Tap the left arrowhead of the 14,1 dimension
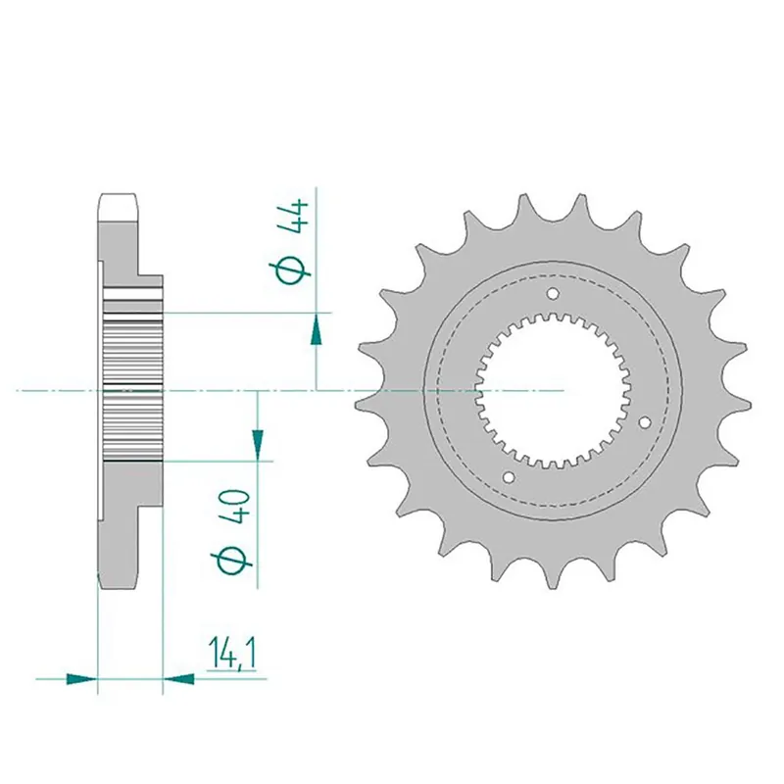tap(82, 676)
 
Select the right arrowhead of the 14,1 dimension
tap(177, 676)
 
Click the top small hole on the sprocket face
tap(552, 294)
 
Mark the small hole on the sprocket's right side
tap(645, 423)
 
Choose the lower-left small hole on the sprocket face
tap(508, 477)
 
